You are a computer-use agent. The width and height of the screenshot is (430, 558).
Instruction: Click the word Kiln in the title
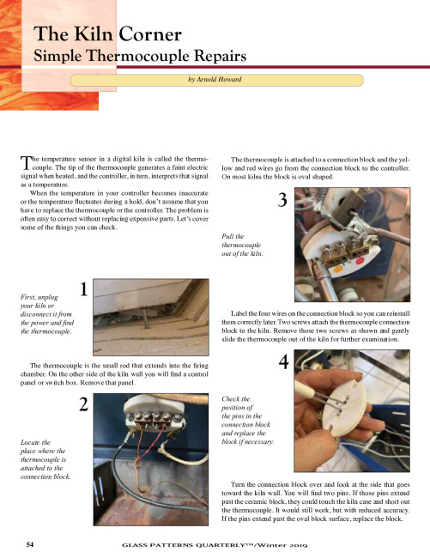(x=94, y=34)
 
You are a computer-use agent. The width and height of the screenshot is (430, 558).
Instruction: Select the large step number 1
(x=83, y=289)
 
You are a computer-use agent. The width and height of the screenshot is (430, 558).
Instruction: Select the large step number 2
(x=83, y=404)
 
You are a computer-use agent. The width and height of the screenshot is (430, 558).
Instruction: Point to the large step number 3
(x=282, y=200)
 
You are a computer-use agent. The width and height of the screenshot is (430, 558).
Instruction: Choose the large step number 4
(x=283, y=362)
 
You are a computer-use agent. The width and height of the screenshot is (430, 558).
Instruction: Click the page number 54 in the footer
(x=30, y=544)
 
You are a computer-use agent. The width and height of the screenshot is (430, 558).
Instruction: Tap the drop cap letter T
(x=25, y=163)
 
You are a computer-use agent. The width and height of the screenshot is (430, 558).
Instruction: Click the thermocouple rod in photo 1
(x=145, y=318)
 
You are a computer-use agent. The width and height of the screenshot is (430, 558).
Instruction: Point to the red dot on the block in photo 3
(x=360, y=261)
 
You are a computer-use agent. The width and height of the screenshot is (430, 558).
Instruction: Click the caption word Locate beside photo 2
(x=30, y=442)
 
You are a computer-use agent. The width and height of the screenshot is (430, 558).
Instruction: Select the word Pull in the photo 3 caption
(x=227, y=236)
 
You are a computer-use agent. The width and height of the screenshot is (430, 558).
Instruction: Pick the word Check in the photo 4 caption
(x=231, y=399)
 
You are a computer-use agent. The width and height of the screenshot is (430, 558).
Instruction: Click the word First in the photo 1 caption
(x=28, y=297)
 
